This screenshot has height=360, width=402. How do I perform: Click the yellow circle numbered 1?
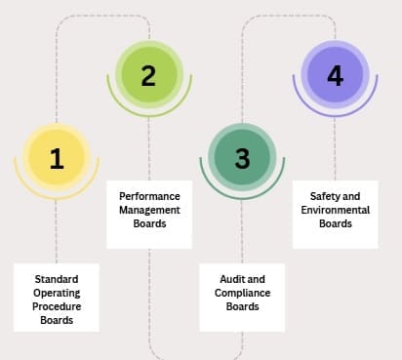pos(56,159)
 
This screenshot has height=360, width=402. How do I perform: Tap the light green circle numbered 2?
pos(148,75)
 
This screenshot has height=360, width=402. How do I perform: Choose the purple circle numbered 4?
pos(335,75)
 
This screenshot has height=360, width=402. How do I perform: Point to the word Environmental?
pos(335,209)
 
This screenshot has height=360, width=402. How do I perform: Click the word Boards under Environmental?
pos(335,223)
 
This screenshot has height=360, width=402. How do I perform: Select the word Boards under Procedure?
pos(57,319)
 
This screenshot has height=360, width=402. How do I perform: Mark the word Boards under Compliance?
pos(242,306)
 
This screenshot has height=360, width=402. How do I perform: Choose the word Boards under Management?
pos(149,223)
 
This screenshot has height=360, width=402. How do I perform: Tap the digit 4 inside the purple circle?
pos(335,75)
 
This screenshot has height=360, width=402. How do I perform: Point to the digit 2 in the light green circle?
pos(148,75)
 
